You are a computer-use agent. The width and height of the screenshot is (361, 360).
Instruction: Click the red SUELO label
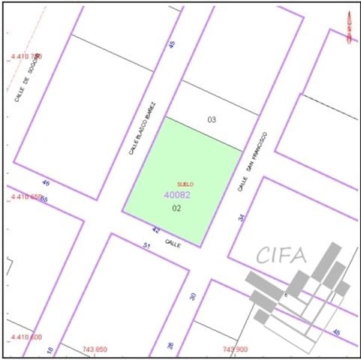tap(185, 184)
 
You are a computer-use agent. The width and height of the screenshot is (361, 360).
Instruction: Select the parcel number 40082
tap(177, 195)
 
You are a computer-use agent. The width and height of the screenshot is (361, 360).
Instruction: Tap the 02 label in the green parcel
tap(177, 208)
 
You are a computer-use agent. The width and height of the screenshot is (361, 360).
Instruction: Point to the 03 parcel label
tap(212, 119)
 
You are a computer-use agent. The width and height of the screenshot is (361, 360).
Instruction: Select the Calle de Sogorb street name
tap(26, 81)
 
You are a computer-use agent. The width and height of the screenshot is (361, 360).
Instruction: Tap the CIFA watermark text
tap(282, 254)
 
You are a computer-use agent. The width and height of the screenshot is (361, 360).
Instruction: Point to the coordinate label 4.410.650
tap(26, 196)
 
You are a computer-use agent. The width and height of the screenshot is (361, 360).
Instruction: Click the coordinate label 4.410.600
tap(26, 337)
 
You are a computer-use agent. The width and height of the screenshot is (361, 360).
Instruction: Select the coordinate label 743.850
tap(95, 349)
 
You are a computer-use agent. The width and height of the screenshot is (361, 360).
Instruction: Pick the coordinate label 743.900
tap(235, 349)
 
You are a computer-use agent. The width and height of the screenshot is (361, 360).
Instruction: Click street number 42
tap(156, 230)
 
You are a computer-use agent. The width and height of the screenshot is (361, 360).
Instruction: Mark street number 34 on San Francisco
tap(241, 217)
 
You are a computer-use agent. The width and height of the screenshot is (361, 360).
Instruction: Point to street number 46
tap(46, 182)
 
